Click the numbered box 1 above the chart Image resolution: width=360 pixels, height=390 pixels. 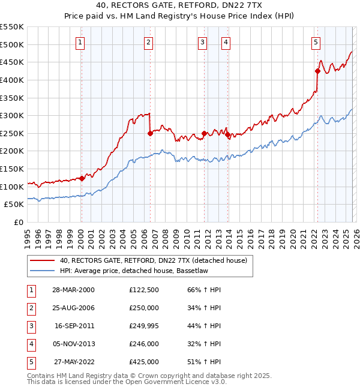pyautogui.click(x=80, y=42)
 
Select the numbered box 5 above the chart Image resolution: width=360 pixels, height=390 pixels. pyautogui.click(x=316, y=42)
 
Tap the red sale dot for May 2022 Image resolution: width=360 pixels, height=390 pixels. pyautogui.click(x=317, y=71)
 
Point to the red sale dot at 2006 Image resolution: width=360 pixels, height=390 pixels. pyautogui.click(x=150, y=133)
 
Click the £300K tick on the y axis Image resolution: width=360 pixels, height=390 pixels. pyautogui.click(x=12, y=115)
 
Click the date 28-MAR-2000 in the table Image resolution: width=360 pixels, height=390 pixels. pyautogui.click(x=73, y=290)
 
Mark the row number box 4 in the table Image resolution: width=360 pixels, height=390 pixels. pyautogui.click(x=30, y=344)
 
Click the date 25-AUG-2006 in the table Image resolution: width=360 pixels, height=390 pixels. pyautogui.click(x=73, y=308)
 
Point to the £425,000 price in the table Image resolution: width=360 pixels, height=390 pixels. pyautogui.click(x=144, y=362)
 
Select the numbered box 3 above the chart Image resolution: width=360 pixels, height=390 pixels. pyautogui.click(x=203, y=42)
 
